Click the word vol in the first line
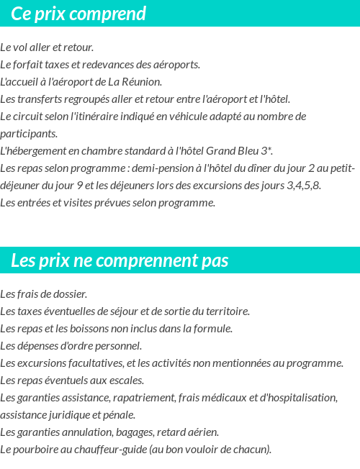22,47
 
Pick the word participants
29,134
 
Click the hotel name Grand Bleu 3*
239,151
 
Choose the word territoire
222,311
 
